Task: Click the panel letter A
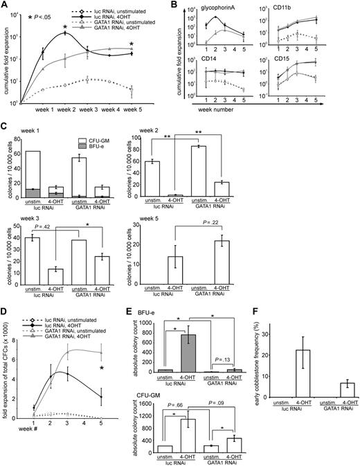tap(6, 6)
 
